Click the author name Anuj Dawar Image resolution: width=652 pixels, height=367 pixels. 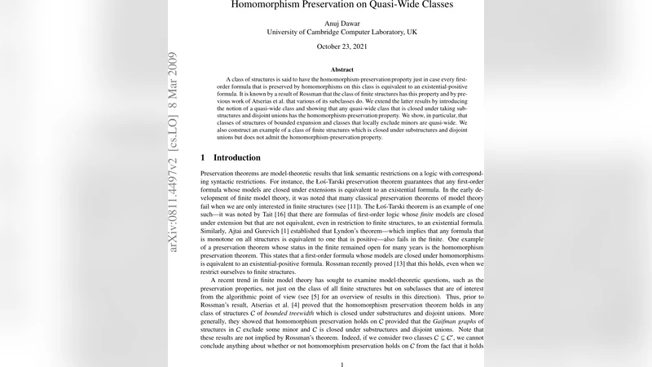342,23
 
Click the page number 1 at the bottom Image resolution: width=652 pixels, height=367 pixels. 342,364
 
